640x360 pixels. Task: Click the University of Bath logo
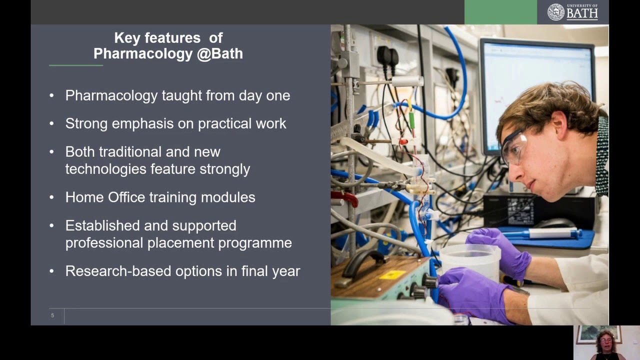(572, 12)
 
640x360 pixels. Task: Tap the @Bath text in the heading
(220, 54)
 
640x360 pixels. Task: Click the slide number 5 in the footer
(52, 315)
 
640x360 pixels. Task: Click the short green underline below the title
(75, 65)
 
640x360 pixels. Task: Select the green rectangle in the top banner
(500, 12)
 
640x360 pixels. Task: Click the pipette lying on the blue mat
(540, 233)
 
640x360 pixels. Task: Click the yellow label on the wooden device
(392, 274)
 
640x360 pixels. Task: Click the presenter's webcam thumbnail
(606, 342)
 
